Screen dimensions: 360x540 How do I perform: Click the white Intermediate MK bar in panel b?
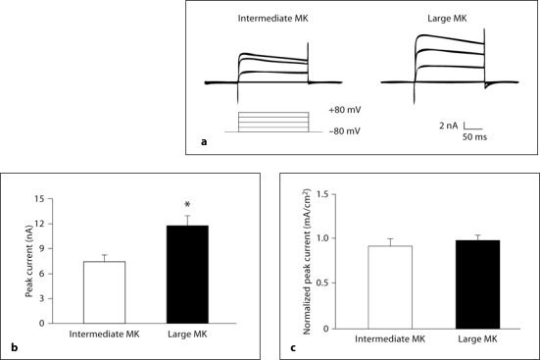104,292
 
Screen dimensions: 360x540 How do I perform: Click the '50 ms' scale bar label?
478,138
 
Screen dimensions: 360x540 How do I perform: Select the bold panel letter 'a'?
203,143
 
